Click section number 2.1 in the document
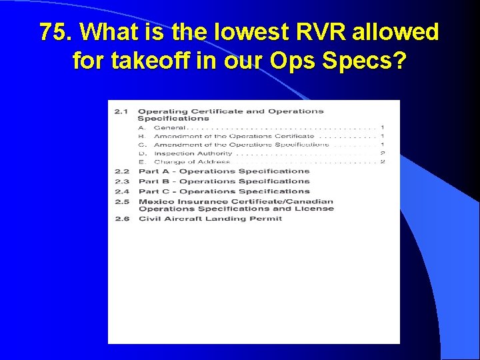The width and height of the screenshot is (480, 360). tap(121, 111)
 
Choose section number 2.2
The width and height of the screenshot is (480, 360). tap(121, 171)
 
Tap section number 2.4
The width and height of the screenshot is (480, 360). tap(121, 191)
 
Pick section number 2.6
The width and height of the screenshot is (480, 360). tap(121, 219)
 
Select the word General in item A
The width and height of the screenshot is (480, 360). tap(169, 127)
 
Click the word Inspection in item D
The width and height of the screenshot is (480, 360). tap(174, 153)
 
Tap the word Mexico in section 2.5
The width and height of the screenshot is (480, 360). tap(153, 201)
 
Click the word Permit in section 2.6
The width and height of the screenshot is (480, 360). tap(267, 219)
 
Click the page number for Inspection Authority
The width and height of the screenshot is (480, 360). tap(382, 153)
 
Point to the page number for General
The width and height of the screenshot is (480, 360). tap(382, 127)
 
